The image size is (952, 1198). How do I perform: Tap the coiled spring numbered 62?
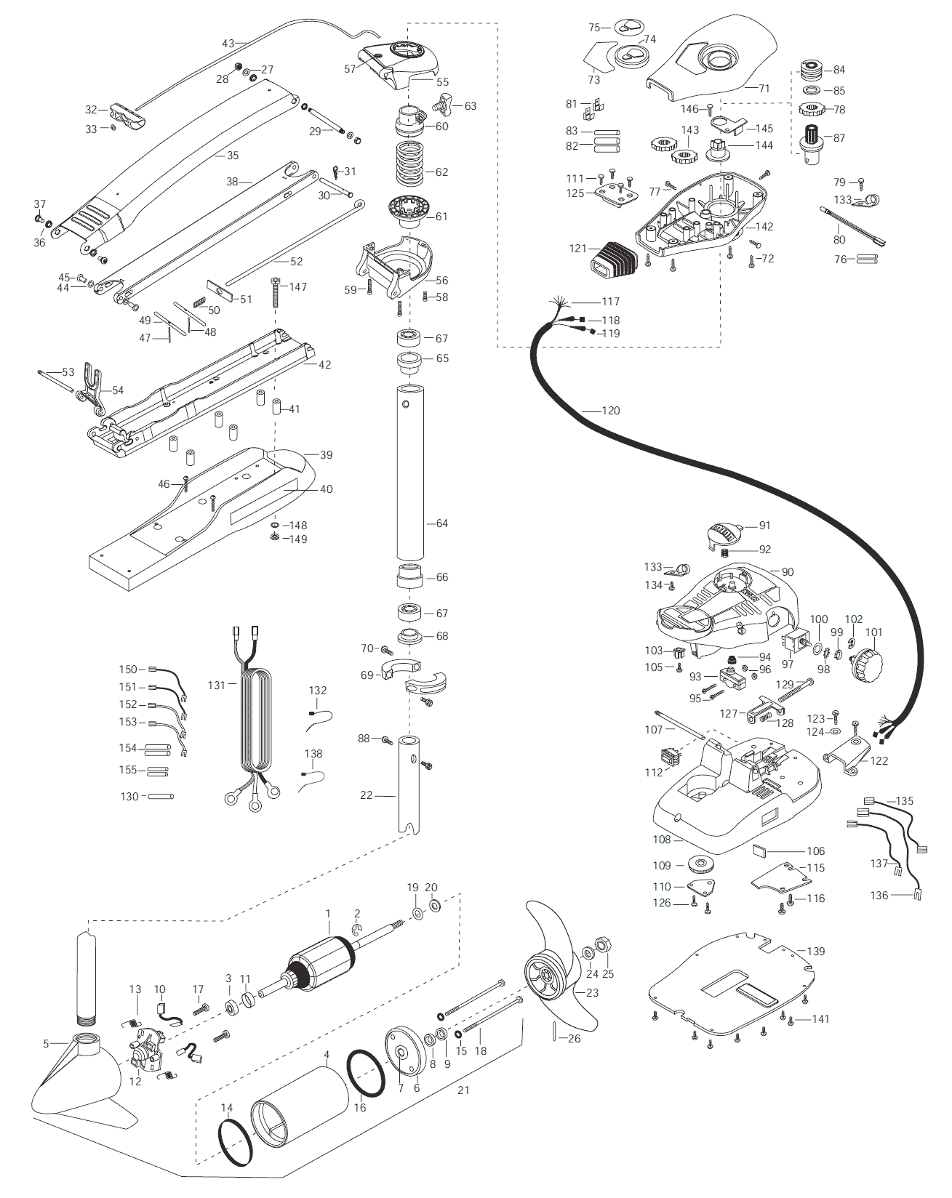click(410, 164)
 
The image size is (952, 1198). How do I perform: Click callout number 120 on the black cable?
click(610, 411)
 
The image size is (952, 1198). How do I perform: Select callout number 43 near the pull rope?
click(228, 44)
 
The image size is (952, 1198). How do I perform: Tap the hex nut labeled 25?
click(603, 946)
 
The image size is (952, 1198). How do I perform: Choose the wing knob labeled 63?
click(444, 103)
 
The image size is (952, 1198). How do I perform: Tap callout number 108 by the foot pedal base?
click(661, 840)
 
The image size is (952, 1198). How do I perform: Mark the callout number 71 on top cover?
click(764, 89)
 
